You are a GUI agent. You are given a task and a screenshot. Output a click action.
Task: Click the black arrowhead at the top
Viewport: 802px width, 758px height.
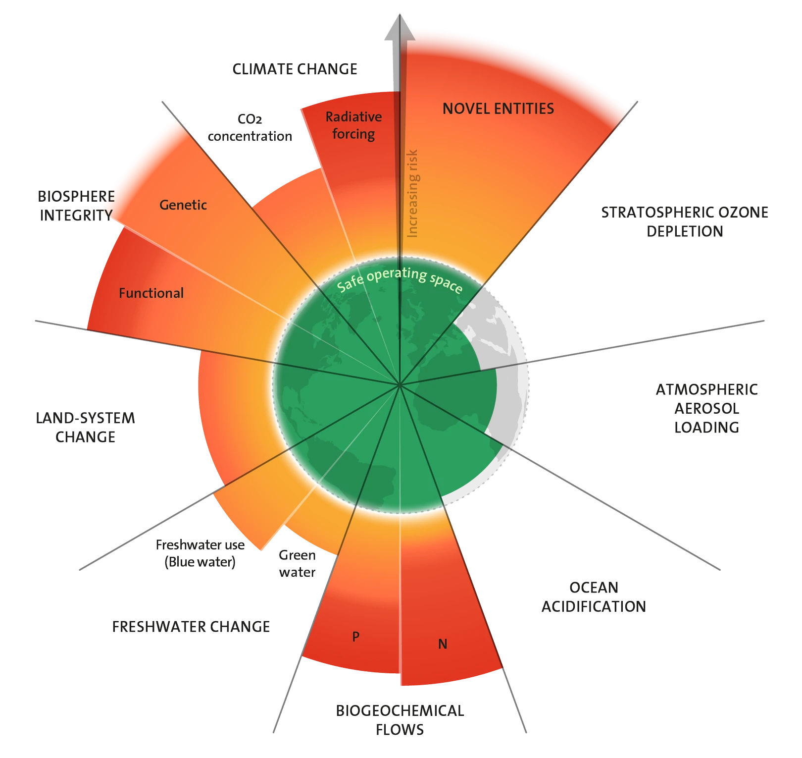click(400, 29)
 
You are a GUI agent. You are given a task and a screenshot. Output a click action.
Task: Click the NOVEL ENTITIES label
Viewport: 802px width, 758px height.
click(498, 108)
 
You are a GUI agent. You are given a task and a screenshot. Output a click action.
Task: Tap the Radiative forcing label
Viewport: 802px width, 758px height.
click(353, 125)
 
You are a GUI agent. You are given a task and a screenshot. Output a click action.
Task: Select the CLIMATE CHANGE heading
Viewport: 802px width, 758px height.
click(295, 69)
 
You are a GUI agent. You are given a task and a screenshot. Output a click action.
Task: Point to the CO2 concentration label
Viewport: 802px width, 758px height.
click(250, 128)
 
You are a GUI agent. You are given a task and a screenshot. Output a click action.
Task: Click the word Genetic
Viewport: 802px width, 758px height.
click(183, 205)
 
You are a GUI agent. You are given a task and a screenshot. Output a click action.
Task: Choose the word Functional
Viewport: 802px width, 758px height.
click(151, 293)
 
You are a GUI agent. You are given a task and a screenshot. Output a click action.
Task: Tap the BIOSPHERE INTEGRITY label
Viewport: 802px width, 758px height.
click(76, 206)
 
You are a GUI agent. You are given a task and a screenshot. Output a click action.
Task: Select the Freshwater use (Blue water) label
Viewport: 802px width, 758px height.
click(200, 553)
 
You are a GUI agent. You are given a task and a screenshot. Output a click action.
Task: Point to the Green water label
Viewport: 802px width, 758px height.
click(297, 563)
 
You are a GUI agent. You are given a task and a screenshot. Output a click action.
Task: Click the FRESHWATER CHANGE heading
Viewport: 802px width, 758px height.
click(191, 626)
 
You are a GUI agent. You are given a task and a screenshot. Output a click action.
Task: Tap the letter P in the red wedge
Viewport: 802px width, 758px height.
click(355, 637)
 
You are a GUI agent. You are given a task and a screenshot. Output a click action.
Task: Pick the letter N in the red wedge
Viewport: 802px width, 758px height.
click(443, 644)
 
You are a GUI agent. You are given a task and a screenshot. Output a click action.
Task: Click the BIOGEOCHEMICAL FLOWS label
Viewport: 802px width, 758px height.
click(400, 720)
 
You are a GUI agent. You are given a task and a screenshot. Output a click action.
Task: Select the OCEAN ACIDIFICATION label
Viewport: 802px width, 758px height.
click(593, 596)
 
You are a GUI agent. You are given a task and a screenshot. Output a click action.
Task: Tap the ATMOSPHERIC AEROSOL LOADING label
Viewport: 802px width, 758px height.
click(706, 408)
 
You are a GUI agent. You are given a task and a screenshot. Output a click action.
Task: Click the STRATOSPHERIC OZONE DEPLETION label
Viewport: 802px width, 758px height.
click(685, 221)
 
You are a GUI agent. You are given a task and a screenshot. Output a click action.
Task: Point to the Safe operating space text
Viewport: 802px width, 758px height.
click(400, 280)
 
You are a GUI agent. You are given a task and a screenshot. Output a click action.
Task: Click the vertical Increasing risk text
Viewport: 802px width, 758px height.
click(412, 193)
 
